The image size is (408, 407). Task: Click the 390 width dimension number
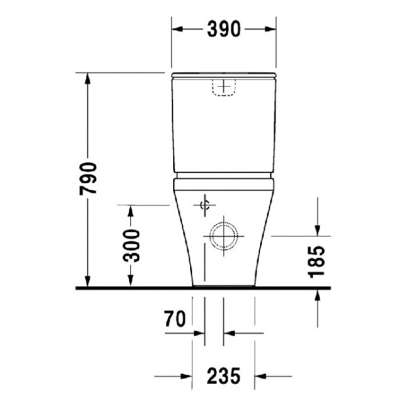pyautogui.click(x=224, y=29)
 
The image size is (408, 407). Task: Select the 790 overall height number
pyautogui.click(x=88, y=178)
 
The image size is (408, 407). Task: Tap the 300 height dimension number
pyautogui.click(x=131, y=246)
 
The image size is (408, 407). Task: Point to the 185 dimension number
pyautogui.click(x=316, y=262)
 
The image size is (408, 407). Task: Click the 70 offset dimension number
pyautogui.click(x=175, y=319)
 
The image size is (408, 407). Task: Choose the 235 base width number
pyautogui.click(x=223, y=376)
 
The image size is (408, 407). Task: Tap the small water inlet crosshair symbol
pyautogui.click(x=205, y=205)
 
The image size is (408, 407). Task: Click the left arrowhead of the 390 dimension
pyautogui.click(x=177, y=29)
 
